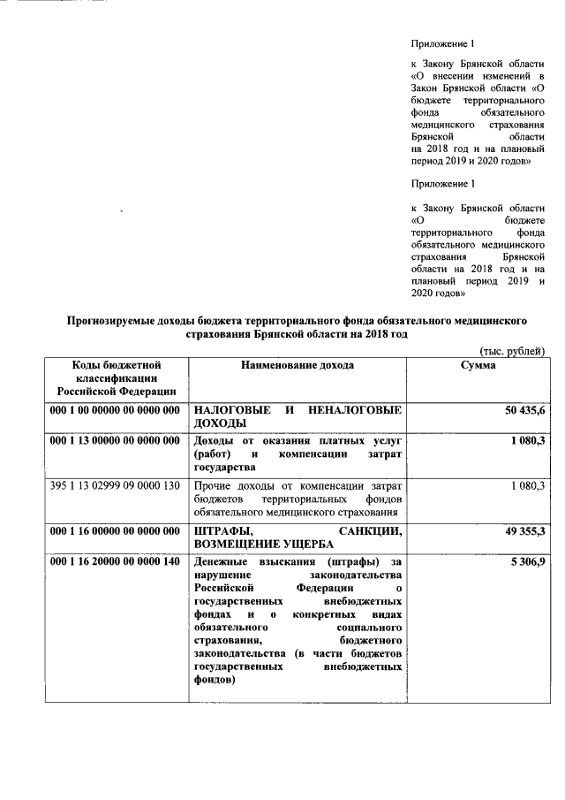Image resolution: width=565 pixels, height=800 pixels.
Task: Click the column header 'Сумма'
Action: [x=478, y=365]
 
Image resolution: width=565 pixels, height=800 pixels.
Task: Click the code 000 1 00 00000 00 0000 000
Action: [x=116, y=411]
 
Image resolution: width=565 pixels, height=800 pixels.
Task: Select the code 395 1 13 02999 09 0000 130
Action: [x=116, y=485]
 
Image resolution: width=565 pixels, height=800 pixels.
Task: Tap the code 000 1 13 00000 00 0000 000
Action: [x=116, y=441]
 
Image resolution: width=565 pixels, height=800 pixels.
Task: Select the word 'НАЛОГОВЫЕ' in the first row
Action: [x=228, y=411]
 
